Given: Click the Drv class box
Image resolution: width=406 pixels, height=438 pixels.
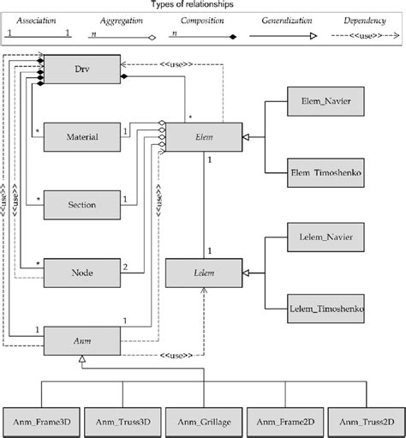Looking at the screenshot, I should click(x=81, y=66).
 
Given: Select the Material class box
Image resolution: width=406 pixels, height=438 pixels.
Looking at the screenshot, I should click(x=81, y=135).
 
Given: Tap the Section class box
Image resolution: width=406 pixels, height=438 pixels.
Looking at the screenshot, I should click(x=81, y=204).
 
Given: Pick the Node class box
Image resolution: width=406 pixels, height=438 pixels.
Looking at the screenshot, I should click(x=81, y=273).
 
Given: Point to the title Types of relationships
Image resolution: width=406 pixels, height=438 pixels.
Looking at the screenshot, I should click(x=203, y=5).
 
